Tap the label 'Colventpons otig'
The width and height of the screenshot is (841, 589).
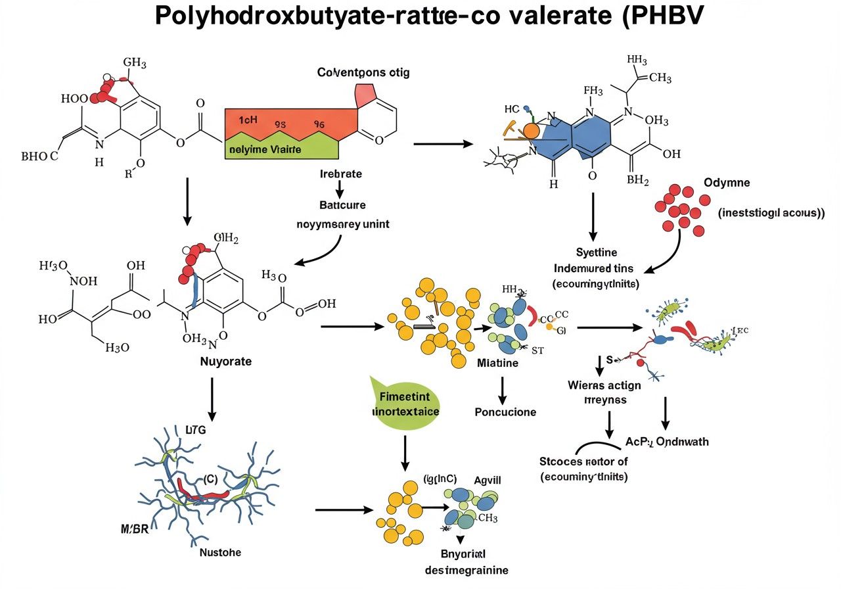pyautogui.click(x=363, y=72)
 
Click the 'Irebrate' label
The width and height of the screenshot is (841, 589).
pyautogui.click(x=340, y=174)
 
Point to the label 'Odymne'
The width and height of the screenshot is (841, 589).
pyautogui.click(x=727, y=182)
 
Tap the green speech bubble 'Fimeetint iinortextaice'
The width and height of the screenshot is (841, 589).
pyautogui.click(x=405, y=404)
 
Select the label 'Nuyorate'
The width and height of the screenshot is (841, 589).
pyautogui.click(x=226, y=362)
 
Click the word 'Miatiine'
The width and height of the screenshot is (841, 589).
pyautogui.click(x=498, y=363)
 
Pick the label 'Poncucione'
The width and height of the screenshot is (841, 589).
pyautogui.click(x=505, y=412)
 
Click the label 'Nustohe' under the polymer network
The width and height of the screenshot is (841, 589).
pyautogui.click(x=220, y=552)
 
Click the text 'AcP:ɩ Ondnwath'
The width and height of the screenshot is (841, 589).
pyautogui.click(x=666, y=442)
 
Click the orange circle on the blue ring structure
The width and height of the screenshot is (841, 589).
pyautogui.click(x=531, y=130)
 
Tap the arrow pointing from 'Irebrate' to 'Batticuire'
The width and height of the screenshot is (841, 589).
pyautogui.click(x=340, y=189)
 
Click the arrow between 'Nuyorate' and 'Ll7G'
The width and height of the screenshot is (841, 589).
pyautogui.click(x=212, y=398)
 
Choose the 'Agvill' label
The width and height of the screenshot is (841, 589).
pyautogui.click(x=488, y=481)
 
